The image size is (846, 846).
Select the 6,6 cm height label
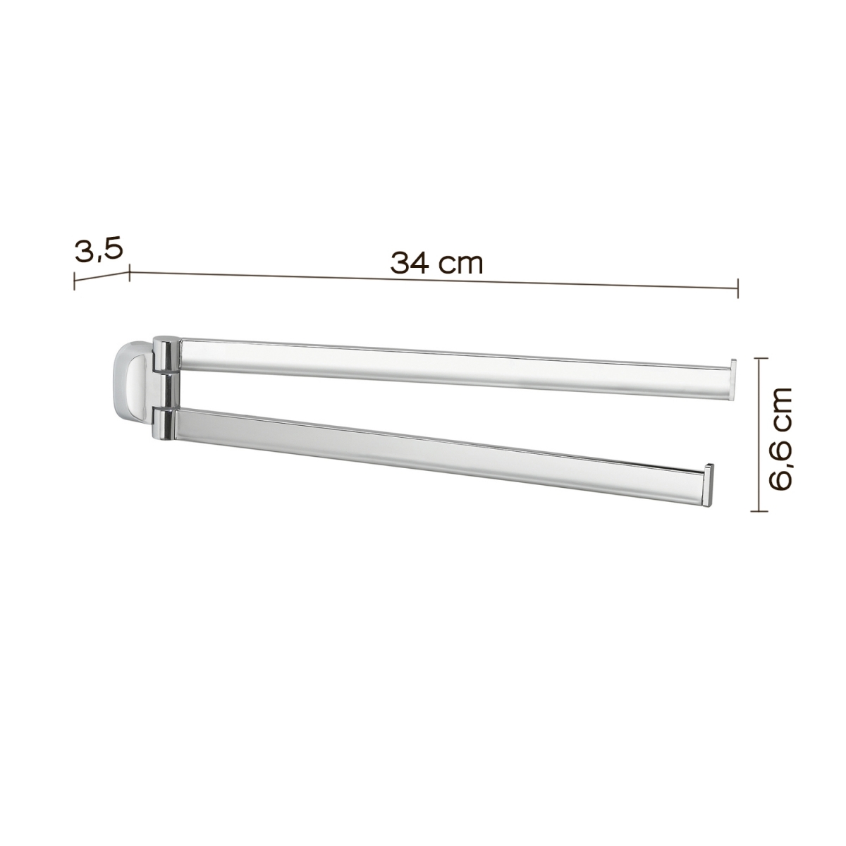(781, 437)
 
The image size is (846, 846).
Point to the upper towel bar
(451, 360)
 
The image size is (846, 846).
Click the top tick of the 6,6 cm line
(758, 358)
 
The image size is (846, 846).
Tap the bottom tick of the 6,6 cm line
(758, 512)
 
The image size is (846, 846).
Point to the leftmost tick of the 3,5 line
(75, 280)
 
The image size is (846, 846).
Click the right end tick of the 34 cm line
(737, 288)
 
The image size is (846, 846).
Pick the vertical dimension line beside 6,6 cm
(758, 435)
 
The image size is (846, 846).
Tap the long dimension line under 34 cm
(434, 280)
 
